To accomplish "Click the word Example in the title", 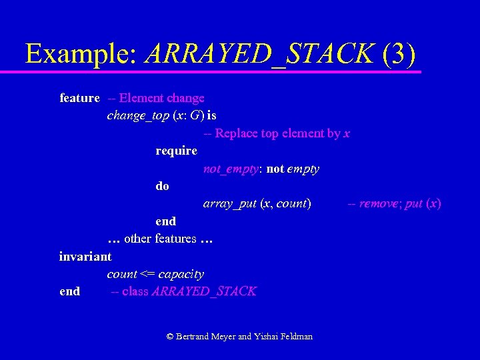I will click(80, 53).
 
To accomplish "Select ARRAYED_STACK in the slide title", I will click(259, 53).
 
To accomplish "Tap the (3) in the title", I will click(400, 53).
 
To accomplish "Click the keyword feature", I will click(79, 98).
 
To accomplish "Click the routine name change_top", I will click(138, 115).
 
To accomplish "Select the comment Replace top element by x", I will click(277, 133).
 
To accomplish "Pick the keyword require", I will click(176, 151).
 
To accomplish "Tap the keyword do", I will click(162, 186).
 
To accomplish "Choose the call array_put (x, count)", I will click(257, 203).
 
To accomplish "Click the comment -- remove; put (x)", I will click(394, 203).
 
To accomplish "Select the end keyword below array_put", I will click(165, 221).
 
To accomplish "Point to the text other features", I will click(160, 239).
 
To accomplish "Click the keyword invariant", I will click(85, 256).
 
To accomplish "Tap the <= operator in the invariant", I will click(147, 274).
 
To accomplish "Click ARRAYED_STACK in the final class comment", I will click(204, 291).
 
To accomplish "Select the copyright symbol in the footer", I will click(170, 337).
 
